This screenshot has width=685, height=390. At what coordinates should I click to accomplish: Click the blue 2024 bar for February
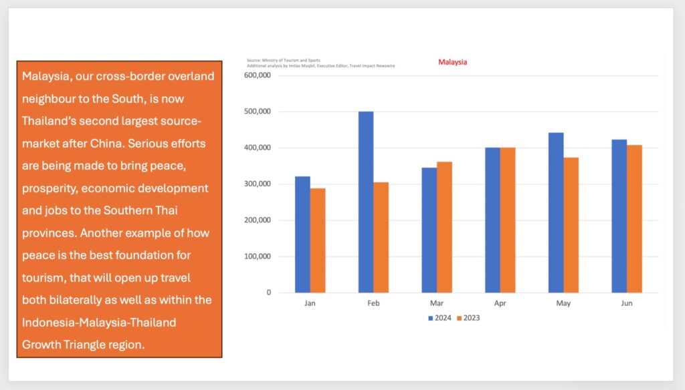coord(366,202)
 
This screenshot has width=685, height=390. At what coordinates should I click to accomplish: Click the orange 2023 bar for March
coord(444,227)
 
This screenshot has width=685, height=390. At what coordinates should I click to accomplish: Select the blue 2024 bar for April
coord(492,220)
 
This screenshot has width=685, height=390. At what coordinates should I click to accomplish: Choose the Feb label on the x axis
coord(373,303)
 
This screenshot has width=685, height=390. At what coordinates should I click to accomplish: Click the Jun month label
coord(627,303)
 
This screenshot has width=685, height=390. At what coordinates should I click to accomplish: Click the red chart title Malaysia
coord(452,62)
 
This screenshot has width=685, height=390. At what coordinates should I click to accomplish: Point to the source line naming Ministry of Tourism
coord(284,61)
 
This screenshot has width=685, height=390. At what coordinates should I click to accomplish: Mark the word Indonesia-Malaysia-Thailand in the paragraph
coord(99,323)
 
